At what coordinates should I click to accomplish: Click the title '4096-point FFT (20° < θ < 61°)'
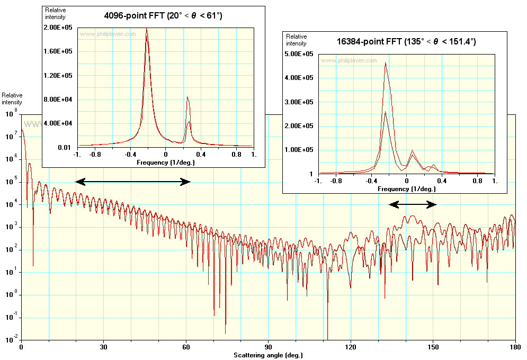click(163, 16)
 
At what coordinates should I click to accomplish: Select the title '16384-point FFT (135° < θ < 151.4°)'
click(406, 41)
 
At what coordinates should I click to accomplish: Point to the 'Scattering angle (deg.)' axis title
click(269, 355)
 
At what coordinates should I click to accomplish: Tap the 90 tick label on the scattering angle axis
click(269, 347)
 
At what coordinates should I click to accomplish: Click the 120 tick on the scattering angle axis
click(351, 347)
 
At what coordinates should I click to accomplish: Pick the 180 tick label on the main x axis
click(515, 347)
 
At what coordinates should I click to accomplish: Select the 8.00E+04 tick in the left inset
click(60, 99)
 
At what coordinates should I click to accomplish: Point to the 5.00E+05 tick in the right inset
click(301, 54)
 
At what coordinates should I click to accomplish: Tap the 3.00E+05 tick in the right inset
click(301, 102)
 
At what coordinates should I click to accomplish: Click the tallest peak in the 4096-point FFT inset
click(147, 30)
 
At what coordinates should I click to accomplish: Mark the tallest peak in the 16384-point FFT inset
click(386, 63)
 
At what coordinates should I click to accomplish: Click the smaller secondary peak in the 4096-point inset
click(187, 97)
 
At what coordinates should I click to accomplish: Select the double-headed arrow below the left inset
click(133, 182)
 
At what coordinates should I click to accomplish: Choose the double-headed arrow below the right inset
click(413, 204)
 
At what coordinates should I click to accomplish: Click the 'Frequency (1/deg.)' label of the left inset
click(165, 162)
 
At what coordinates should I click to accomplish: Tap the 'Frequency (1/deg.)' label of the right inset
click(406, 188)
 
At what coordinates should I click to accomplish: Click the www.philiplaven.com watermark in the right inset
click(349, 60)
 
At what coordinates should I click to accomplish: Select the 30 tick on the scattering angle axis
click(104, 347)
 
